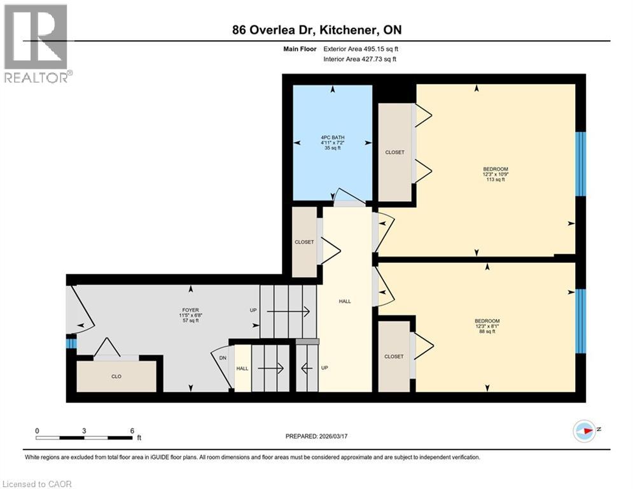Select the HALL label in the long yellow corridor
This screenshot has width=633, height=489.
(345, 302)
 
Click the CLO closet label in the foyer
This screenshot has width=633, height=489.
(116, 376)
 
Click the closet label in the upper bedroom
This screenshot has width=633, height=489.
(394, 152)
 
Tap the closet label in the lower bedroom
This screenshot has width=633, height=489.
(394, 357)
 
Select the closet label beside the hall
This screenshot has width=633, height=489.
(304, 242)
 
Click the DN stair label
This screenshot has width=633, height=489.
(223, 358)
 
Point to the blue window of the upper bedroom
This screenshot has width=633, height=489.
(580, 164)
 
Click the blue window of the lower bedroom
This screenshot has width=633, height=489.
(580, 321)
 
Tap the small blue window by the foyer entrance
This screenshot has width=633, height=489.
(71, 343)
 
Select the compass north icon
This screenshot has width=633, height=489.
(583, 430)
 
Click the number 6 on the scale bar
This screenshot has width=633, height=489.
(132, 430)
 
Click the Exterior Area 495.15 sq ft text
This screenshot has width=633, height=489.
(361, 48)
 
